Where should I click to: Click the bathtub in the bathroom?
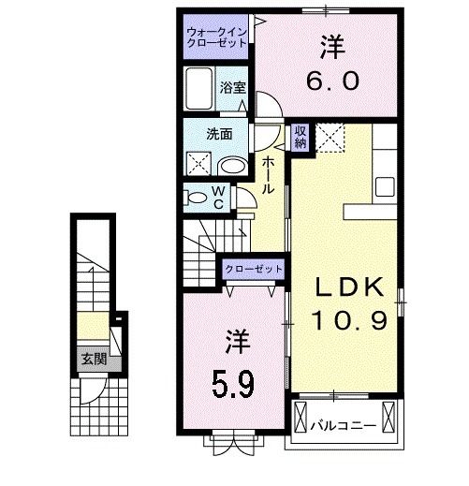pos(198,89)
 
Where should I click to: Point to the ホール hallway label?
pos(267,175)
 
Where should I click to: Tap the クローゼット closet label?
pos(252,270)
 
